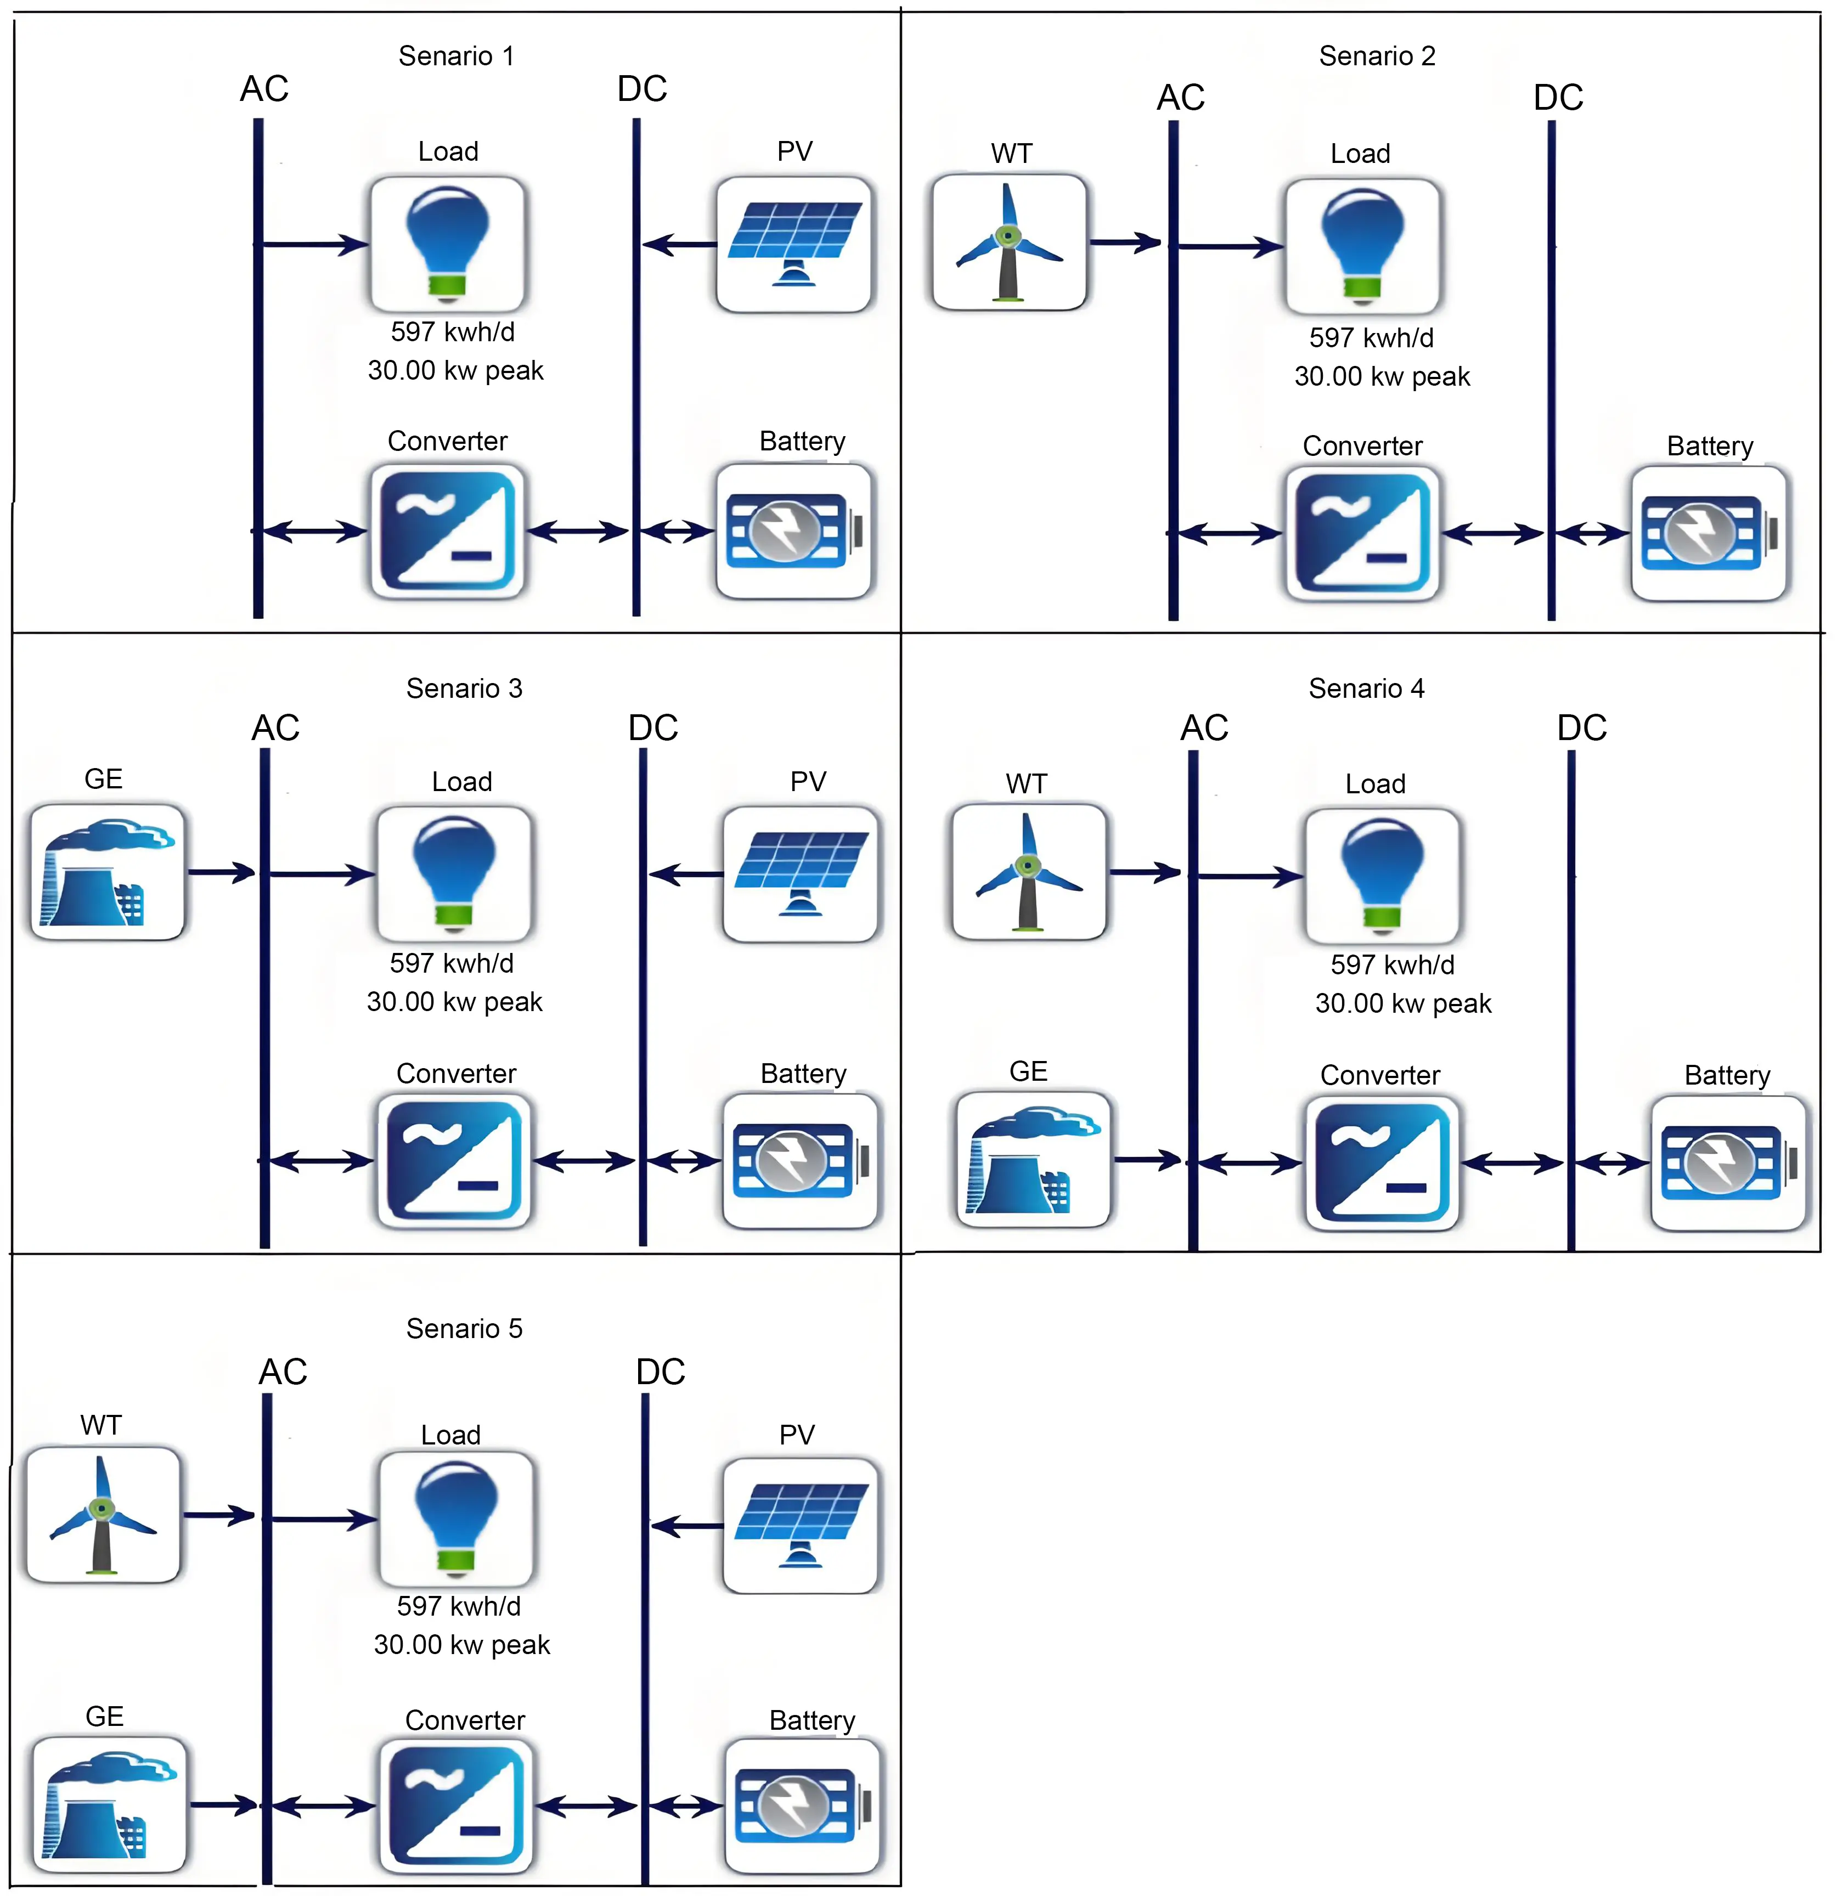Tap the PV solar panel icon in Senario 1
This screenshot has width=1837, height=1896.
[794, 244]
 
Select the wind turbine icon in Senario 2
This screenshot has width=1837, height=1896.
[1009, 242]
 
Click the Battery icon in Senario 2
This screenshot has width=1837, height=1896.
[1709, 534]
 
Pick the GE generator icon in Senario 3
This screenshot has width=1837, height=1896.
[108, 872]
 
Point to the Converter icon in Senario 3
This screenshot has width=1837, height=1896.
[454, 1161]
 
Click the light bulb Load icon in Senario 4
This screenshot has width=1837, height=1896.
[1382, 876]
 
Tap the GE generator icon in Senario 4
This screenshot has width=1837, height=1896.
[1033, 1160]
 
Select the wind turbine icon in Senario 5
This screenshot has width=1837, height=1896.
[103, 1515]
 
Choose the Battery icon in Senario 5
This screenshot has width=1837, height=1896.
[802, 1806]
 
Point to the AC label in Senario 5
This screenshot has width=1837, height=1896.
[283, 1372]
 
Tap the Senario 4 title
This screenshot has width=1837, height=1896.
[1366, 689]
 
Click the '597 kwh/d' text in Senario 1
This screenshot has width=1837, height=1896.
[453, 332]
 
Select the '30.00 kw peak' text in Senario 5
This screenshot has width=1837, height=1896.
[461, 1645]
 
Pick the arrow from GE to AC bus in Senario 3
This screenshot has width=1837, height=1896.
[222, 872]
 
